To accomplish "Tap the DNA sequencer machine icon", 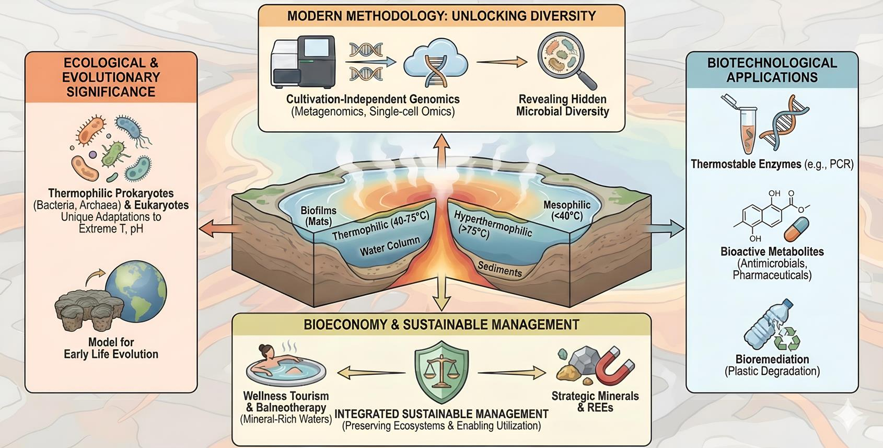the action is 303,61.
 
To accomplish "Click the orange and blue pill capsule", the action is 796,230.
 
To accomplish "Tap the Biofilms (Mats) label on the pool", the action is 318,216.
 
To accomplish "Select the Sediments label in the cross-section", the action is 499,269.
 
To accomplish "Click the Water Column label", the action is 389,246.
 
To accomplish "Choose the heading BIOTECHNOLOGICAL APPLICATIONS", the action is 772,70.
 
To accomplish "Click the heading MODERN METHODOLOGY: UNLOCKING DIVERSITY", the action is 442,16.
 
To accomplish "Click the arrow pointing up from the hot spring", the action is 443,150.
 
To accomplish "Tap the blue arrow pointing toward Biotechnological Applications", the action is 666,228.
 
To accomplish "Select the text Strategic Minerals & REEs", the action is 595,401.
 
